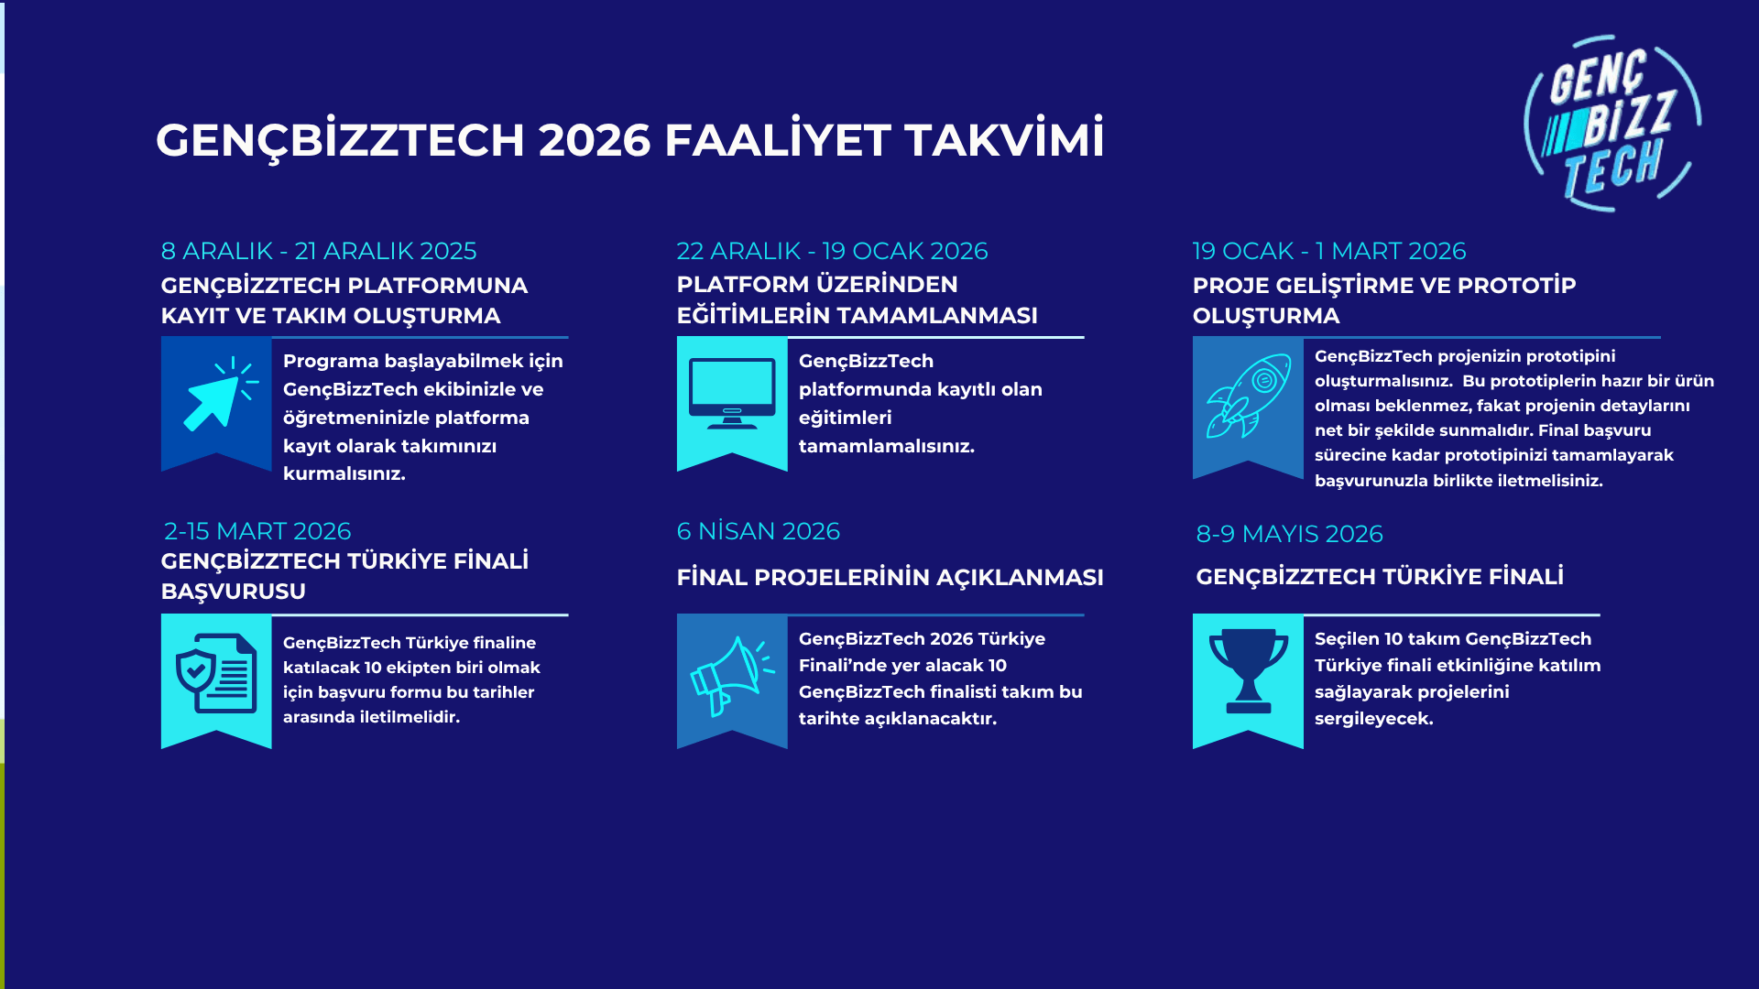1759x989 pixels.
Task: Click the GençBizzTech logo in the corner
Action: [1612, 123]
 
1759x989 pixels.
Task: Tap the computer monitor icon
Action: [732, 395]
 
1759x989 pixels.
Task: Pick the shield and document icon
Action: [216, 673]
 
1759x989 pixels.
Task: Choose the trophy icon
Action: [1248, 671]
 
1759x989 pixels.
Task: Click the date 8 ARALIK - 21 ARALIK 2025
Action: [319, 251]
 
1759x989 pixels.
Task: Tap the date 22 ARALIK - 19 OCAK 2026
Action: [832, 251]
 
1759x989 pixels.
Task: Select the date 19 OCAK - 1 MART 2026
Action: [1328, 251]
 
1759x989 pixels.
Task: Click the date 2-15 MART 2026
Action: [257, 531]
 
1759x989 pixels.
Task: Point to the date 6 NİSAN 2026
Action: [758, 531]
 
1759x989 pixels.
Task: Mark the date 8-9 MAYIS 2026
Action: [1289, 534]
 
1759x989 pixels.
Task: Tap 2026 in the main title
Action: [595, 140]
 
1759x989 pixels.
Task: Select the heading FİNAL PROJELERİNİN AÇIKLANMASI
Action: [890, 578]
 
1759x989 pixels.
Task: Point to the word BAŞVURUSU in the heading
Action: [233, 592]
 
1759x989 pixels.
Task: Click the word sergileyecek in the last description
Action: [1373, 719]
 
